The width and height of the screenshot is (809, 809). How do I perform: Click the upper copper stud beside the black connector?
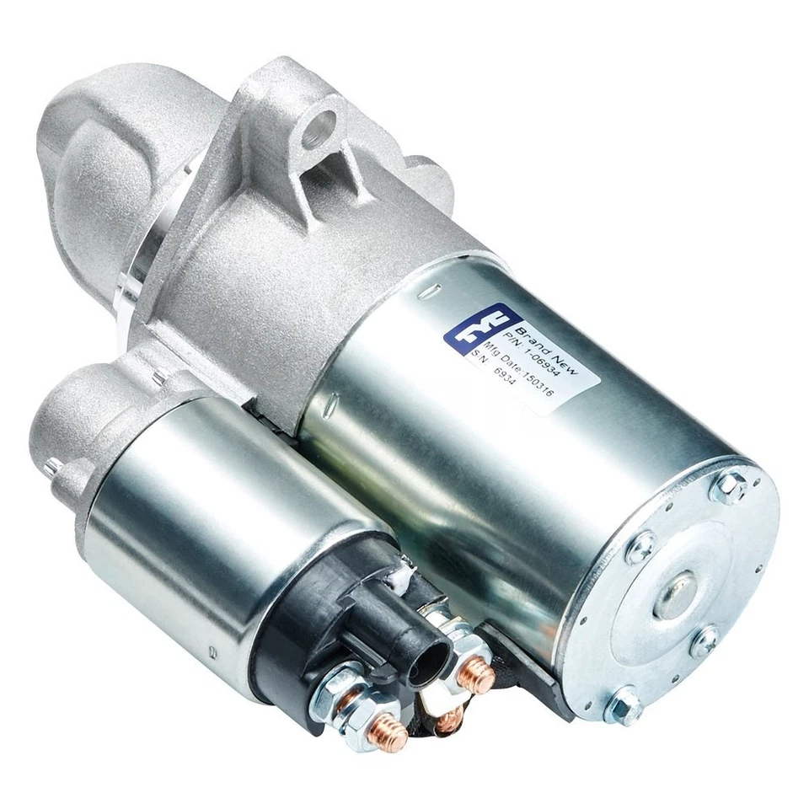click(x=478, y=675)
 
